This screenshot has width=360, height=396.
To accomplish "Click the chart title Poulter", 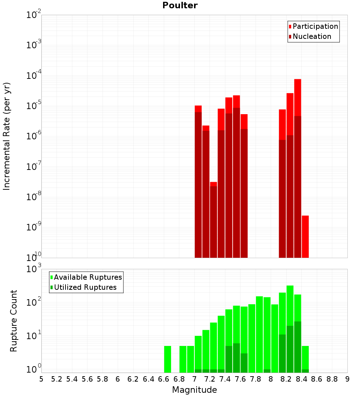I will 180,5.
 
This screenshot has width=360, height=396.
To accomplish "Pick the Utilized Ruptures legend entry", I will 85,287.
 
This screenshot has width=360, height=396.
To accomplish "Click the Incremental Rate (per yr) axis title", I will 7,136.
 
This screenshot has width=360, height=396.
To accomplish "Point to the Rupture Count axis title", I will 14,321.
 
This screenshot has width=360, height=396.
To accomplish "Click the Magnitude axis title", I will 194,390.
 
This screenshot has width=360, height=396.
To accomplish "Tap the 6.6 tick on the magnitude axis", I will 164,379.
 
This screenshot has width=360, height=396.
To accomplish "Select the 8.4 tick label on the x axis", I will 301,379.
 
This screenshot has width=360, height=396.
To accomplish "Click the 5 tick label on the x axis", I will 41,379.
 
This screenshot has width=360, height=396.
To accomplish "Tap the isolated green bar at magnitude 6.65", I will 167,359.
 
